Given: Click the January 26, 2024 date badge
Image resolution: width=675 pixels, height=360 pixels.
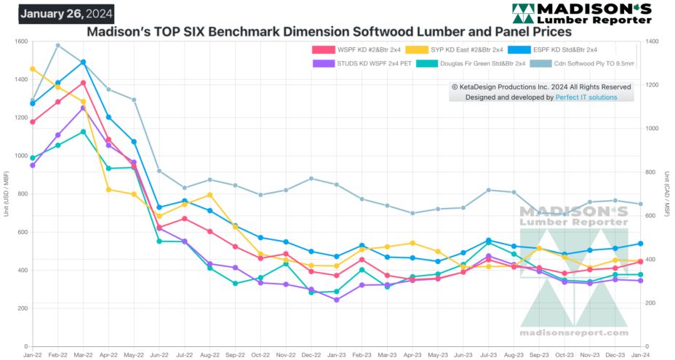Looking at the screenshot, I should click(x=66, y=14).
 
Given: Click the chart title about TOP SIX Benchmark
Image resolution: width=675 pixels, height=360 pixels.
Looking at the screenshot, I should click(x=329, y=32).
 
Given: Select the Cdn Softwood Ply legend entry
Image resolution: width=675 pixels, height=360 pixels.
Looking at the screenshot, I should click(x=582, y=64).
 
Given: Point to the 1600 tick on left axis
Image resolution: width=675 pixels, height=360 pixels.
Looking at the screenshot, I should click(x=20, y=41).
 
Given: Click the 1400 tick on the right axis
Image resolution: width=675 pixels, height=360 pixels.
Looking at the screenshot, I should click(x=652, y=41).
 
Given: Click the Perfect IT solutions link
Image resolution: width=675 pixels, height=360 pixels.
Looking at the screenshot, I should click(x=586, y=97).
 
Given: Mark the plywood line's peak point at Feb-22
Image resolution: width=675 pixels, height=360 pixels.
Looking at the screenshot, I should click(x=58, y=45).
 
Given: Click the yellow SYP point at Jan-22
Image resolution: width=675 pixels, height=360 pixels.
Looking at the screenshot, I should click(x=33, y=69).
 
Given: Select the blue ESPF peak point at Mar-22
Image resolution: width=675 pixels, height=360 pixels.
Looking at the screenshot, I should click(x=84, y=62).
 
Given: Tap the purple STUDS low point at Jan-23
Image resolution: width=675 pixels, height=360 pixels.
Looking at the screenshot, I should click(x=336, y=300).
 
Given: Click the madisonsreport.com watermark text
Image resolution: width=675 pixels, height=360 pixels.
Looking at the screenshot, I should click(x=573, y=333).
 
